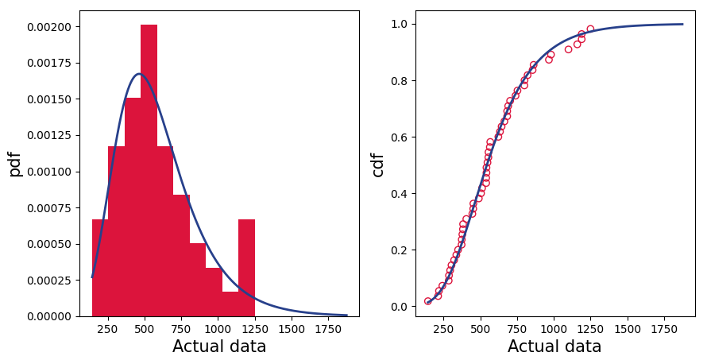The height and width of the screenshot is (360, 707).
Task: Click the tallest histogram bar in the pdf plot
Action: tap(149, 171)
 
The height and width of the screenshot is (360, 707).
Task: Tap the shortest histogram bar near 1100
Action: tap(230, 304)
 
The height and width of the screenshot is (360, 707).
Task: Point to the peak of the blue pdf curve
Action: tap(139, 74)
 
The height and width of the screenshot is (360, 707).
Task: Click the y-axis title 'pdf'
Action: tap(15, 164)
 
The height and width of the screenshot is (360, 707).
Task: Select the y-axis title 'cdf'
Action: tap(378, 164)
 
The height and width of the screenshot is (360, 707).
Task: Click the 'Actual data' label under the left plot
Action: tap(219, 346)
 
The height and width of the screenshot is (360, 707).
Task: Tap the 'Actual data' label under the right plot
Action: tap(554, 346)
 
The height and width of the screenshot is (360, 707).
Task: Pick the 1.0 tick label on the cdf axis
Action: tap(399, 24)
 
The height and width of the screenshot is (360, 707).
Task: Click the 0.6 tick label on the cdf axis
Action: tap(399, 137)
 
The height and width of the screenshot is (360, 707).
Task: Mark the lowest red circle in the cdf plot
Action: tap(428, 301)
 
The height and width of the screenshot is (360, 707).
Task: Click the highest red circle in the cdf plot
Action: tap(590, 29)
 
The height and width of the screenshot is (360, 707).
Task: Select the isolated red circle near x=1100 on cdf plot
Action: tap(568, 49)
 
